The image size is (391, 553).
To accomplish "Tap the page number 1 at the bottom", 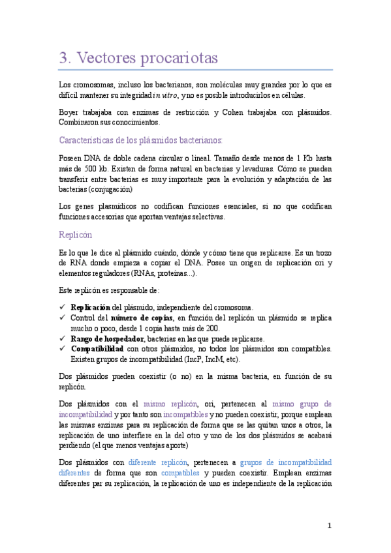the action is [x=330, y=526].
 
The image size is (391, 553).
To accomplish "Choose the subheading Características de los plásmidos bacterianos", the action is [x=140, y=140].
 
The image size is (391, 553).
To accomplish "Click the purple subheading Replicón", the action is [x=75, y=234].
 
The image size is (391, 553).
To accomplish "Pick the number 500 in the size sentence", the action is [x=84, y=169].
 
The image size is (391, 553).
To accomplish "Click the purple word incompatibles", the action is [x=186, y=414].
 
